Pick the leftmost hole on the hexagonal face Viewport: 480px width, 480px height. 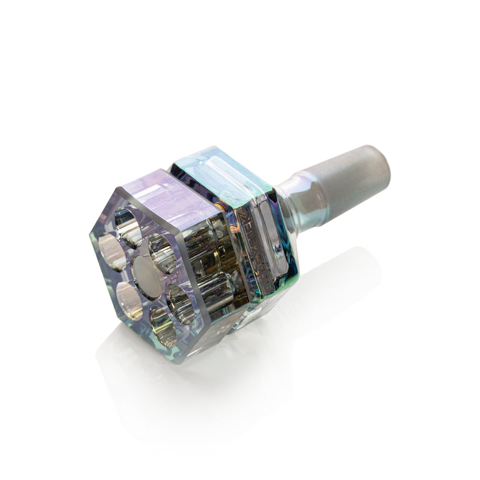pyautogui.click(x=111, y=253)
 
